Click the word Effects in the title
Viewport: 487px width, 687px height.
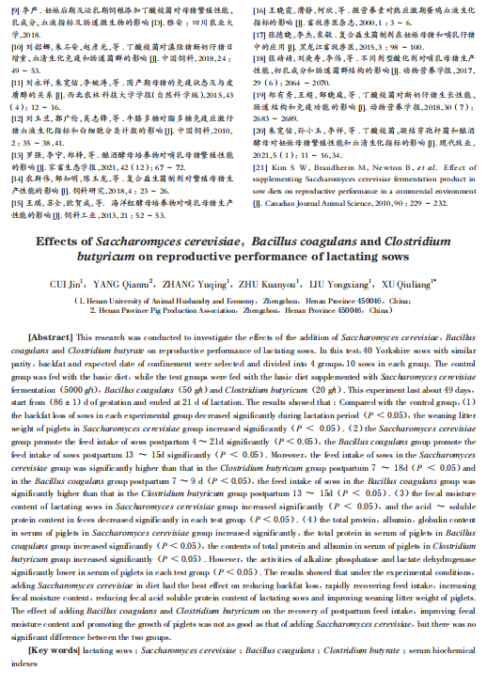pos(62,241)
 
